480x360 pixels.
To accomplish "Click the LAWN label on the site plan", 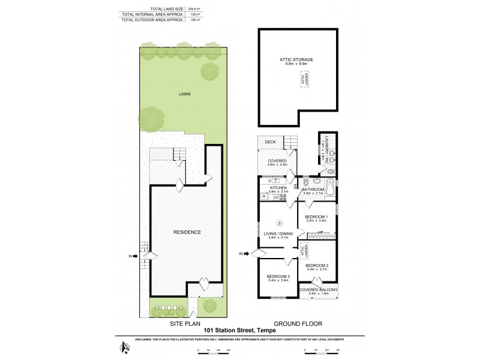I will point(184,94).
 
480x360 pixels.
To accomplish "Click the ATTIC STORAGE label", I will point(296,60).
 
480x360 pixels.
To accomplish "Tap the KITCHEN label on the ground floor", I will point(279,188).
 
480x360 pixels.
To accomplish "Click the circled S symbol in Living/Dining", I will point(279,224).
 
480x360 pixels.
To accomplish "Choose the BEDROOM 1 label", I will point(316,217).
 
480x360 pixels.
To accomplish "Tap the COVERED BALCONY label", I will point(319,290).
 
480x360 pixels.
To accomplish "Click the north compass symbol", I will point(124,346).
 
